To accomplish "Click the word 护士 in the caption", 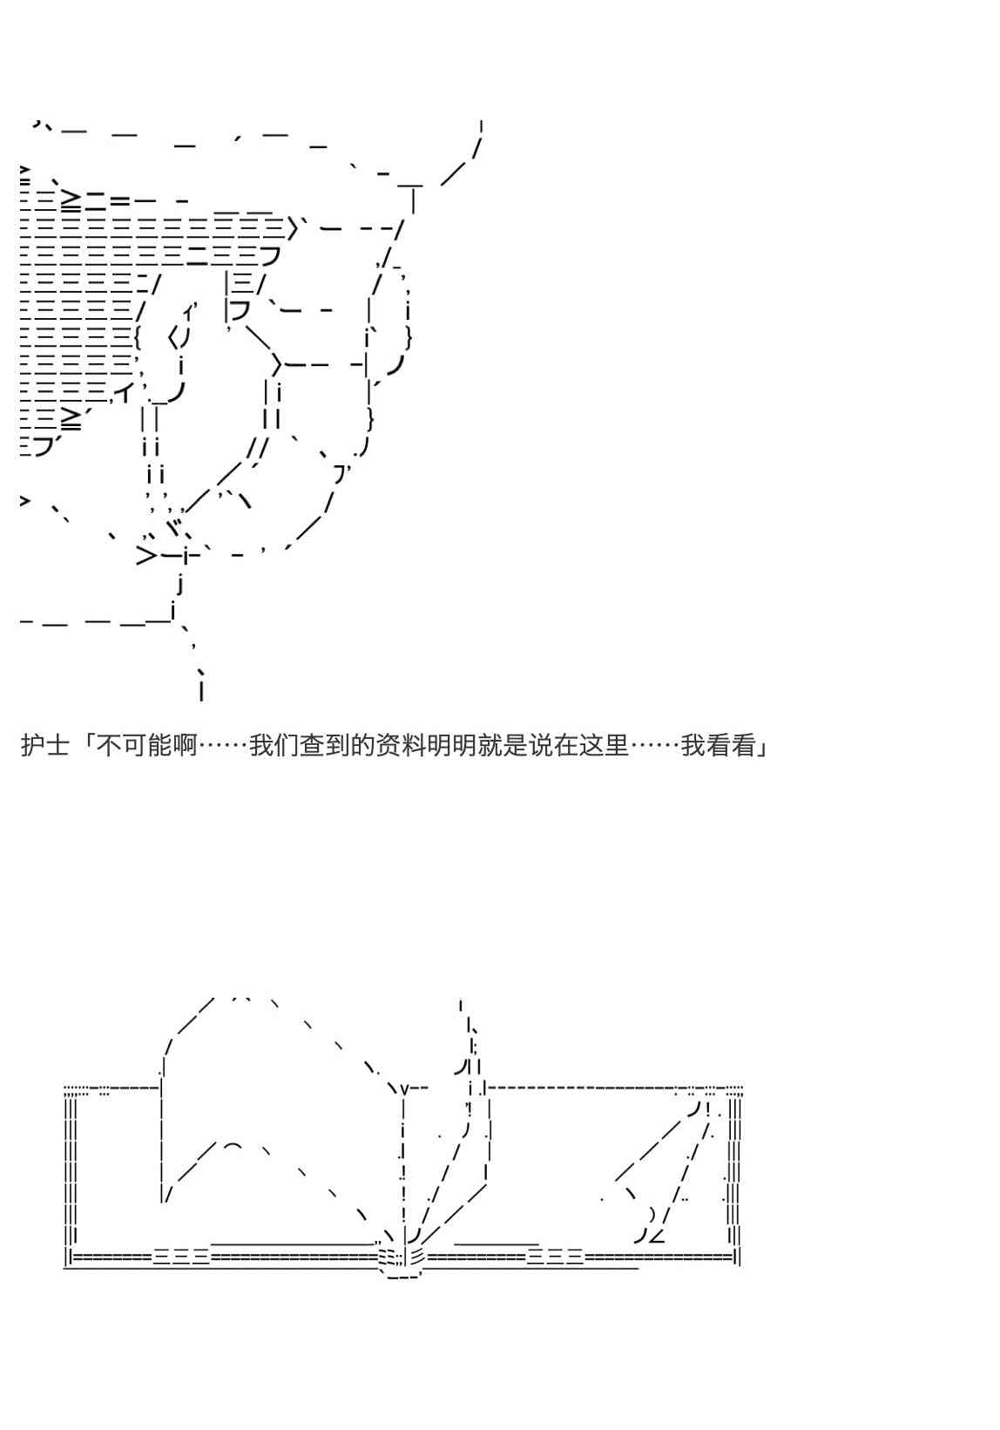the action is click(45, 745).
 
